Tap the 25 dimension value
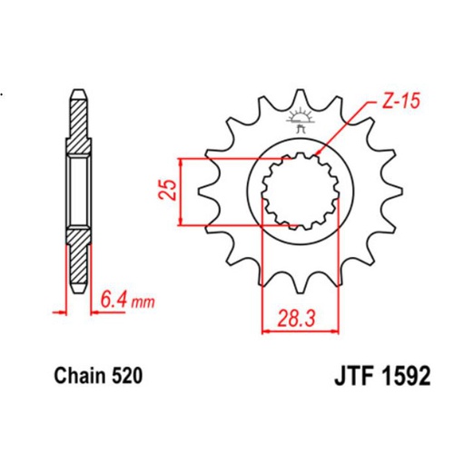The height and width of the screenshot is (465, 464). pyautogui.click(x=167, y=191)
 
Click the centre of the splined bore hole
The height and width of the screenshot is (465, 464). pyautogui.click(x=299, y=191)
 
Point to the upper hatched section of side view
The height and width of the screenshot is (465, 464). pyautogui.click(x=79, y=127)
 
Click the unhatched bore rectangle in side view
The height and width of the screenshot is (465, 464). pyautogui.click(x=79, y=192)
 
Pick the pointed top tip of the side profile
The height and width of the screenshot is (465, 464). pyautogui.click(x=79, y=90)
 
